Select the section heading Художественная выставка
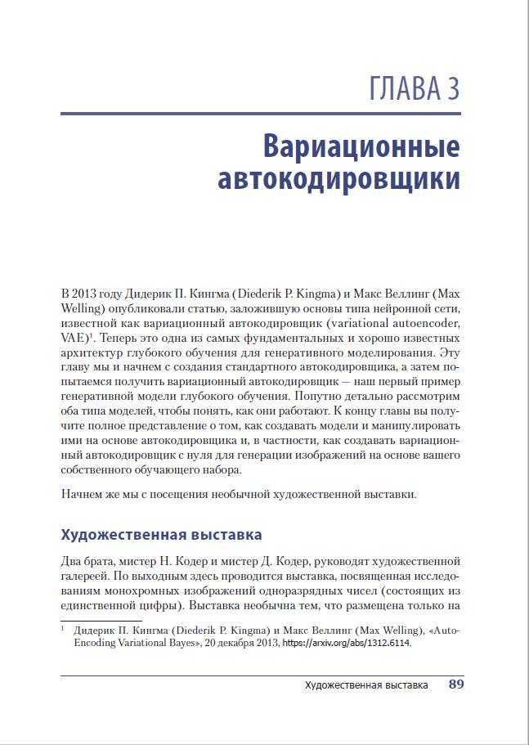(161, 535)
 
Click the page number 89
(456, 685)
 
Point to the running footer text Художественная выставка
(365, 685)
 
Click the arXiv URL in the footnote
(347, 644)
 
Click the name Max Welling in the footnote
(379, 631)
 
